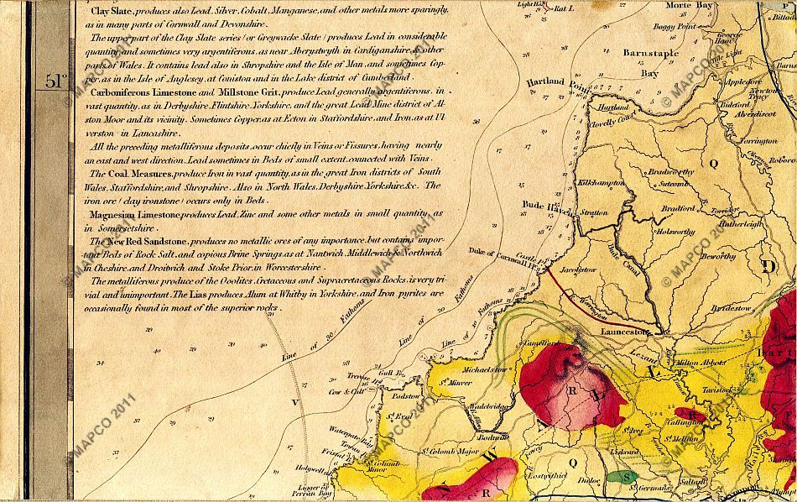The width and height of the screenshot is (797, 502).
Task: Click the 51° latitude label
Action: [x=55, y=81]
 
